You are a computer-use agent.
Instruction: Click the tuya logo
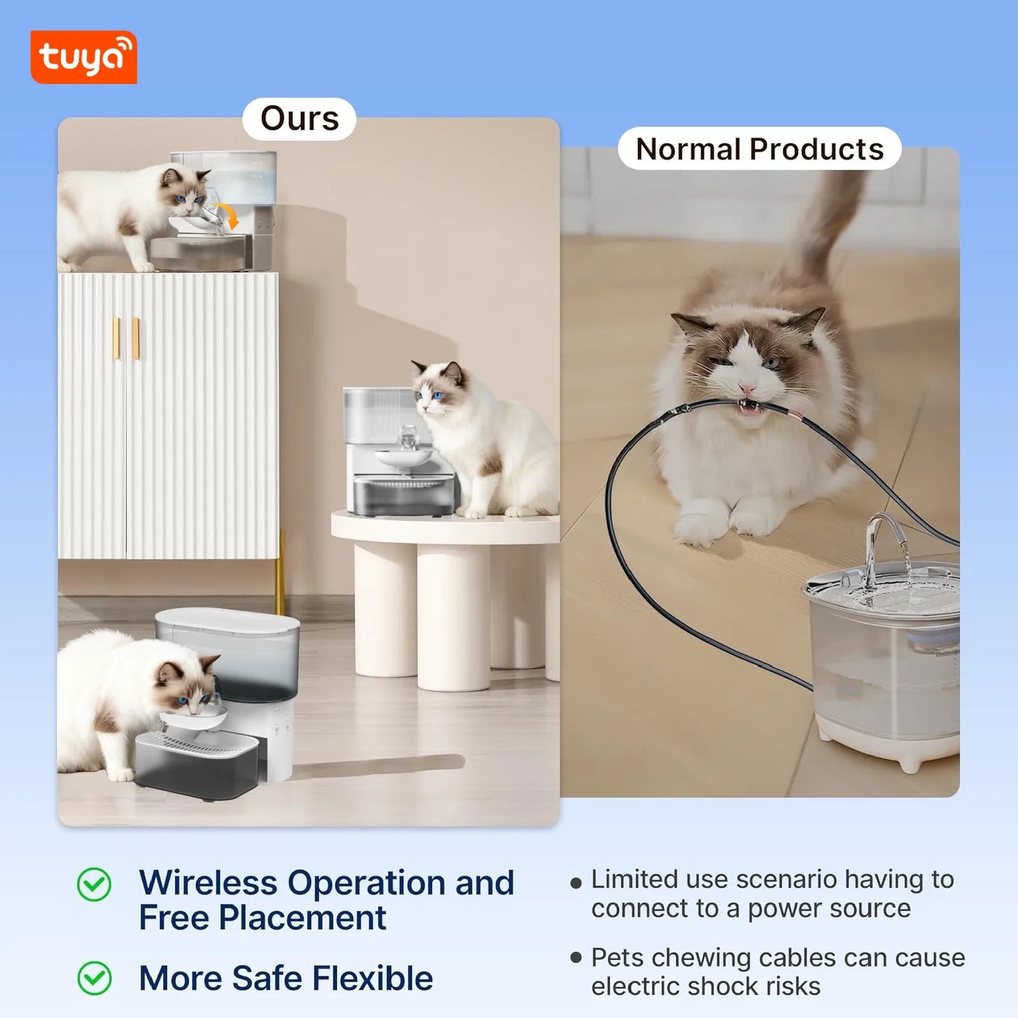[x=83, y=57]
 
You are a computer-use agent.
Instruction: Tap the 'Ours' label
[x=299, y=119]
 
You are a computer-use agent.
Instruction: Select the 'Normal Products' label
[x=760, y=150]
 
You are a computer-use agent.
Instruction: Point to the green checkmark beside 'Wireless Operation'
[x=94, y=884]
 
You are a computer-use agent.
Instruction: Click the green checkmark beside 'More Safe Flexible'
[x=94, y=978]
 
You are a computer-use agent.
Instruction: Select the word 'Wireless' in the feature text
[x=207, y=883]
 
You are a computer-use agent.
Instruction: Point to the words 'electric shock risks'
[x=705, y=986]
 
